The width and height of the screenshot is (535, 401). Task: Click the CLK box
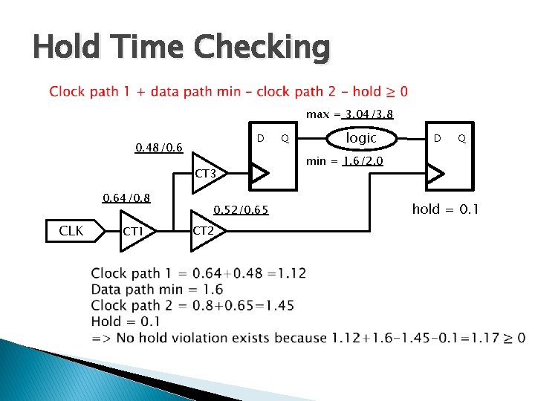(x=71, y=231)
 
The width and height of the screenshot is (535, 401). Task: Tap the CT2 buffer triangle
(x=206, y=231)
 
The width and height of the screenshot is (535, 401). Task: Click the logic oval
(x=362, y=138)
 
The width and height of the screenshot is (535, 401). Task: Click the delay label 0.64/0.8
(x=126, y=198)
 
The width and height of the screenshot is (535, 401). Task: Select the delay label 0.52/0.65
(x=241, y=210)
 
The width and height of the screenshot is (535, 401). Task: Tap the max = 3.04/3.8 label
(x=349, y=114)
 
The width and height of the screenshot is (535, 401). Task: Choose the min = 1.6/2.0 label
(x=344, y=160)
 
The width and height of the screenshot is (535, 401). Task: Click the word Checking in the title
(x=262, y=48)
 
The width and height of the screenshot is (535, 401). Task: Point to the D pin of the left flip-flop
(x=260, y=138)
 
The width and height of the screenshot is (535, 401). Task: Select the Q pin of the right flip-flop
(x=462, y=138)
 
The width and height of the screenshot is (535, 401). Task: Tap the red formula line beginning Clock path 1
(x=228, y=92)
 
